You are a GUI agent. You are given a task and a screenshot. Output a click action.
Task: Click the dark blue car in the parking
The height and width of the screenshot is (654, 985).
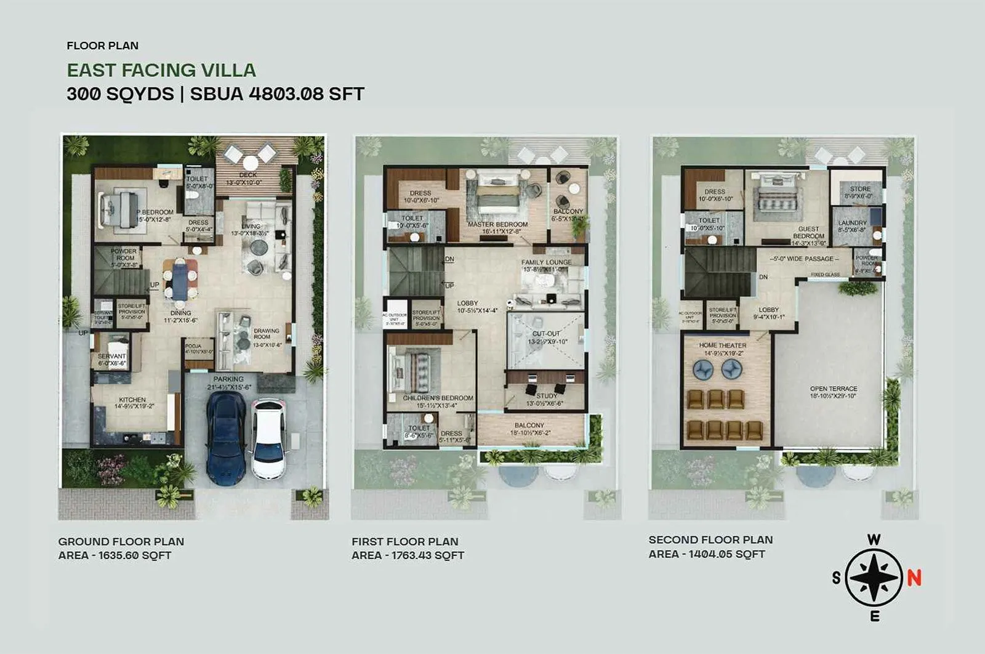coord(225,437)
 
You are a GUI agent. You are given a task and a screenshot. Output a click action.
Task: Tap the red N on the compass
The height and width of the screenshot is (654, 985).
coord(914,578)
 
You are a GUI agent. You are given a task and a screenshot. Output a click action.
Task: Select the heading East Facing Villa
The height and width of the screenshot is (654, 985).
coord(161,70)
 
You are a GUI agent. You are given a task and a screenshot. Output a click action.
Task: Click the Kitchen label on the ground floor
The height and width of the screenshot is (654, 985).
coord(132,400)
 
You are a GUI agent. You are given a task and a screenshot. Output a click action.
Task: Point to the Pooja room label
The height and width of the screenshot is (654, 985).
coord(193,346)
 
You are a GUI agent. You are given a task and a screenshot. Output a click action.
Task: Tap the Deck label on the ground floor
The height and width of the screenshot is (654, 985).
coord(247,175)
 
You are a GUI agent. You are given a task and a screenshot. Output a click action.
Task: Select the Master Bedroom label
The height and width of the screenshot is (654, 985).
coord(497,225)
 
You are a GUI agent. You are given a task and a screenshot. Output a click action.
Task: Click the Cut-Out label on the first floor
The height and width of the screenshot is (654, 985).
coord(546,334)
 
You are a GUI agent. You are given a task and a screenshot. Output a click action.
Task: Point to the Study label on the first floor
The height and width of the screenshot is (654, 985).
coord(546,396)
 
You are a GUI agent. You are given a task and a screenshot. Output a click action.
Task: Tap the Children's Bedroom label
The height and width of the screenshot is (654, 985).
coord(438,398)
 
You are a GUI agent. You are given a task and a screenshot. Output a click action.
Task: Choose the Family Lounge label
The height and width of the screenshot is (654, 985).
coord(546,262)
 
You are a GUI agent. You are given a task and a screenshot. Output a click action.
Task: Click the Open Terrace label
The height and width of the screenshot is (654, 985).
coord(834,389)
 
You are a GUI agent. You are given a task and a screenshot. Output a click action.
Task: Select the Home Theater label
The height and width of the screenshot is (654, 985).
coord(722,345)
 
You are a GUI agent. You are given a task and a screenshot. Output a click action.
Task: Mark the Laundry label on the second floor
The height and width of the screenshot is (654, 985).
coord(852,223)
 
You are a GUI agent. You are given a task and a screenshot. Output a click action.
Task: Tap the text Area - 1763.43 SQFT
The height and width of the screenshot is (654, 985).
coord(408,555)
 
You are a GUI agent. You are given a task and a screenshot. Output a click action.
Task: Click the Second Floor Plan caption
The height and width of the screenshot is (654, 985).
coord(710,539)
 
